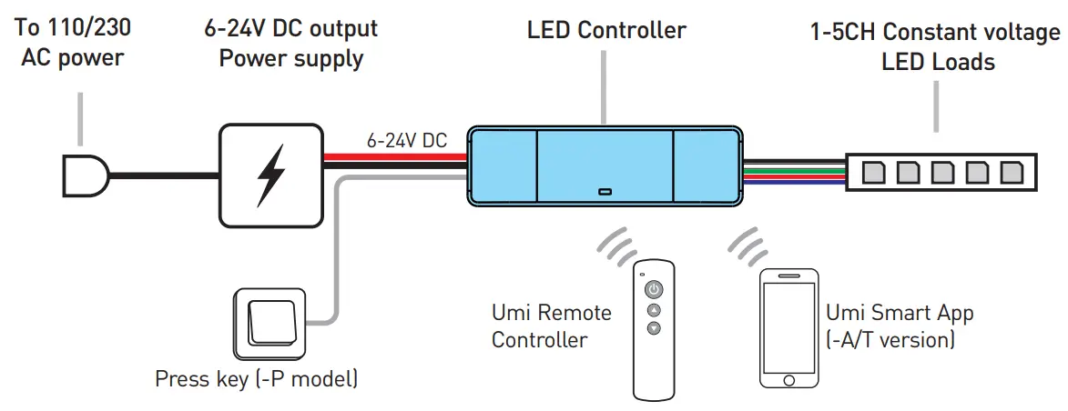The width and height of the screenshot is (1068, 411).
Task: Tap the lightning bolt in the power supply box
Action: click(270, 175)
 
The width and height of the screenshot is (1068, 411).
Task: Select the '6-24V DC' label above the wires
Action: click(407, 141)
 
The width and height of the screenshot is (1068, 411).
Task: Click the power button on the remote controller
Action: click(654, 290)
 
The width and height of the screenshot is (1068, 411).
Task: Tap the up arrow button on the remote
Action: click(654, 310)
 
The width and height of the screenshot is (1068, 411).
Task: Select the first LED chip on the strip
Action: click(872, 171)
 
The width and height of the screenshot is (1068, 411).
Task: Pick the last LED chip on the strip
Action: click(1012, 171)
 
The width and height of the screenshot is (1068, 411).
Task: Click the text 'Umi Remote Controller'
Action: click(552, 326)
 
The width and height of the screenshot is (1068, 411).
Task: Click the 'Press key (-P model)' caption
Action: click(256, 379)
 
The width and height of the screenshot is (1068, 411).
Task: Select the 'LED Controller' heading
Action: click(606, 31)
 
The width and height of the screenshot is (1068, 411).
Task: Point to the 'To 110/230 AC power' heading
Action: click(73, 44)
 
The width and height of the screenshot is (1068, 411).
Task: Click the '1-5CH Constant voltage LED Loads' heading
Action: click(936, 47)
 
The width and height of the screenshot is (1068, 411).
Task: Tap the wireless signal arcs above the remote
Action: click(616, 243)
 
